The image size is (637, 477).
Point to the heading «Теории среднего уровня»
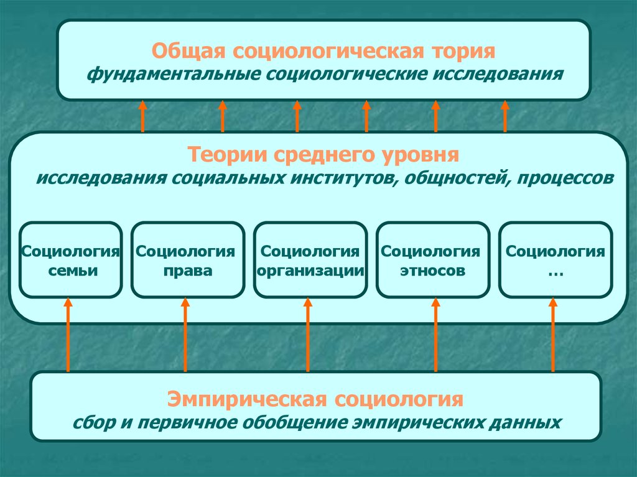(323, 153)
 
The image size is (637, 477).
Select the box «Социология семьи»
(70, 259)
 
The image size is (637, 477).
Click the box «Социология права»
(187, 259)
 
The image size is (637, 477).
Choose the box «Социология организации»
(310, 259)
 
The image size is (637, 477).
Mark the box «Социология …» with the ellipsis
(556, 259)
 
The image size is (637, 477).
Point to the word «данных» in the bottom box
(529, 423)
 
